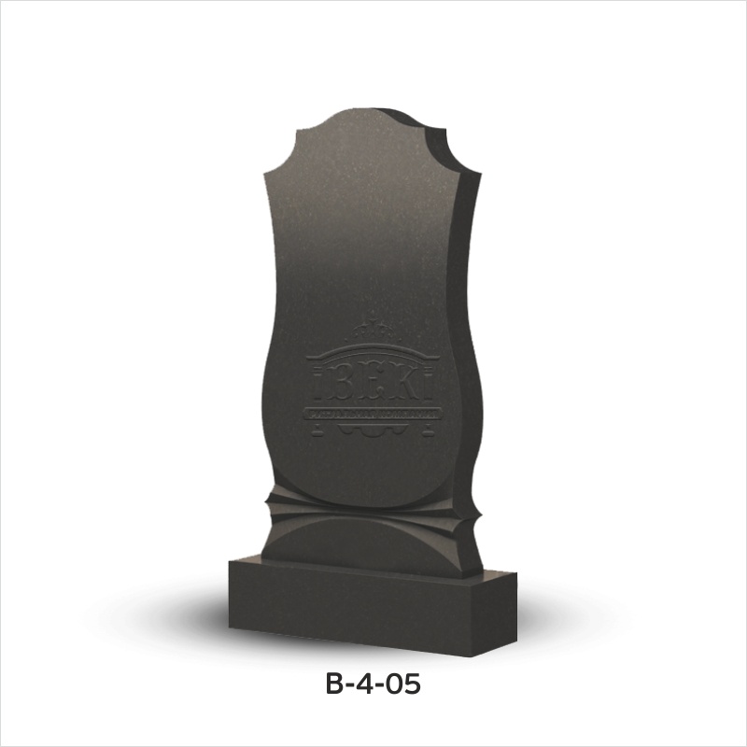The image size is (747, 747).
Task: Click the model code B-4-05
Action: [373, 684]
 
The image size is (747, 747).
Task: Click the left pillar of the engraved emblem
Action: [314, 386]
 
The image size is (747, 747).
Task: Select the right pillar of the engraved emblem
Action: [431, 386]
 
